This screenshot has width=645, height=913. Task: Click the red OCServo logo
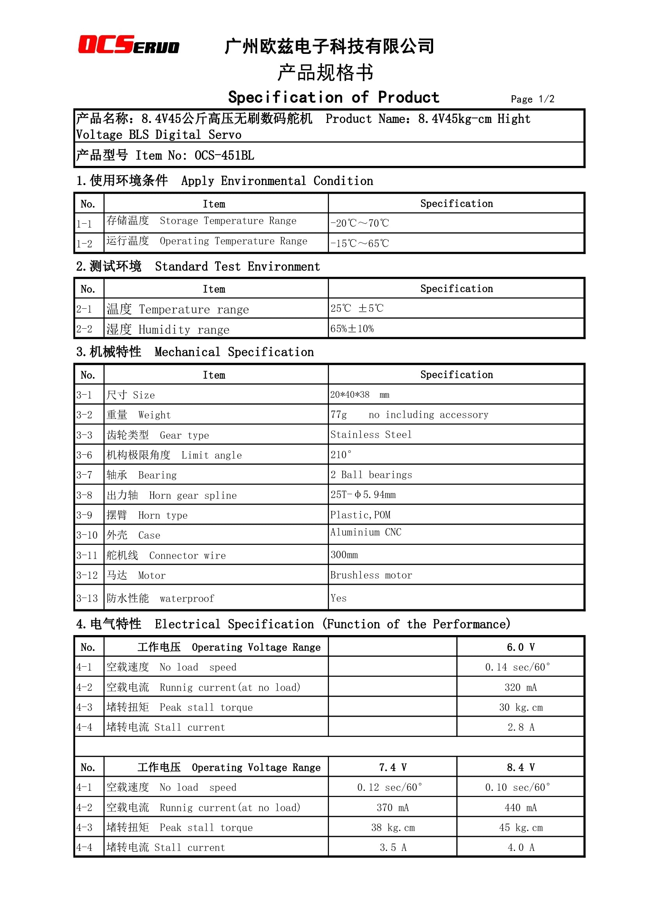tap(128, 44)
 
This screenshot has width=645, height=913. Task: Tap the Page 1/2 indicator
tap(532, 99)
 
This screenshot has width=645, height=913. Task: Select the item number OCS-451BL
tap(224, 155)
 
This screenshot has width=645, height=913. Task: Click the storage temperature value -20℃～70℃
tap(359, 223)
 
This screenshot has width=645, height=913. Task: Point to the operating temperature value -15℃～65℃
tap(359, 243)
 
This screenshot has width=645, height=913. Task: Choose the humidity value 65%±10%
tap(352, 329)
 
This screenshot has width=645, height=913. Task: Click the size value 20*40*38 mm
tap(359, 395)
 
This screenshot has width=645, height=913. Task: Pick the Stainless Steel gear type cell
tap(371, 434)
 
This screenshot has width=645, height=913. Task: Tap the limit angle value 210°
tap(341, 454)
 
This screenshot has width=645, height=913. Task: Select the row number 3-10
tap(87, 535)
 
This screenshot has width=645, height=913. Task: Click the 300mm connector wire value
tap(344, 555)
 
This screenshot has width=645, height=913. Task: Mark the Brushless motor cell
tap(371, 575)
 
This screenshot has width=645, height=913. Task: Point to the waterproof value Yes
tap(338, 598)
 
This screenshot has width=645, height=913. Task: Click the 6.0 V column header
tap(520, 647)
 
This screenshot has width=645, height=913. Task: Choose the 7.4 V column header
tap(392, 767)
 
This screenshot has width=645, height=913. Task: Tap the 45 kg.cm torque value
tap(520, 828)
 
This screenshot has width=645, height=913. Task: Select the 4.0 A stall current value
tap(520, 847)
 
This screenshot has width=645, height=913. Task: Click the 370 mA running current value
tap(392, 808)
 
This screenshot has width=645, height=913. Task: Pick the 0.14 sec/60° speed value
tap(517, 667)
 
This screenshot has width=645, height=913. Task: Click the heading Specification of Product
tap(334, 98)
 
